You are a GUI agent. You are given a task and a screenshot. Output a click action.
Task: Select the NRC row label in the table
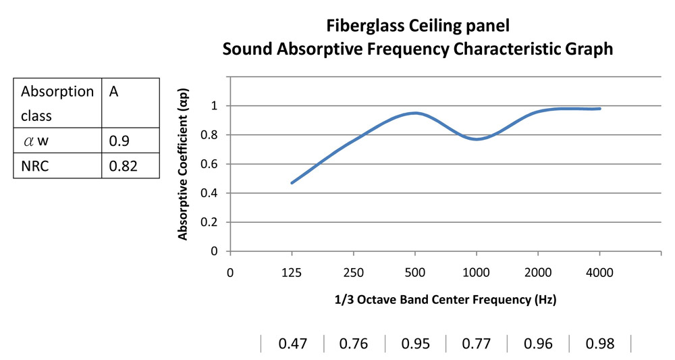35,165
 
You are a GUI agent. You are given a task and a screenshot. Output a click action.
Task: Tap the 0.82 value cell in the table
123,165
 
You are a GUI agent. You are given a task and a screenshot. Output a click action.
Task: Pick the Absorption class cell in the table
57,103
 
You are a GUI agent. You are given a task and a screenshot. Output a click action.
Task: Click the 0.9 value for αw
119,140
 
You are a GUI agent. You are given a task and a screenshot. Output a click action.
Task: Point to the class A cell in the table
113,91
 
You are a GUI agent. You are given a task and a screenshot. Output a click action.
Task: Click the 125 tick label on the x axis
292,273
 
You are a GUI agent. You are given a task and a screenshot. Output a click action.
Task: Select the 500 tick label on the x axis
415,273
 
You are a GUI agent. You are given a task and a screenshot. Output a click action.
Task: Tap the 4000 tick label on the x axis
599,273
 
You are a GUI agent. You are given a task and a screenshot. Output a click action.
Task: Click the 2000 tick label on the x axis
538,273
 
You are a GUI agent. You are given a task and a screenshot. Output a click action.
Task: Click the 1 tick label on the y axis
214,106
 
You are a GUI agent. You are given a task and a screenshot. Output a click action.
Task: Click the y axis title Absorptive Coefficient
182,164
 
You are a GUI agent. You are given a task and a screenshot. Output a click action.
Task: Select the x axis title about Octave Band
446,299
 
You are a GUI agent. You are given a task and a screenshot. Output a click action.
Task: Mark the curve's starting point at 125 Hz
292,183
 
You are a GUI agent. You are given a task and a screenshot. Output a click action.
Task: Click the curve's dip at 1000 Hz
477,139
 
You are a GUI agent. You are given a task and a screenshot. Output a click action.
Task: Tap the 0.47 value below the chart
293,344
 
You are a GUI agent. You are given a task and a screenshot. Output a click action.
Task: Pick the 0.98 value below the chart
599,344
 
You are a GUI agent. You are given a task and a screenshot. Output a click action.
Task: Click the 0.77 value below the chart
476,344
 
